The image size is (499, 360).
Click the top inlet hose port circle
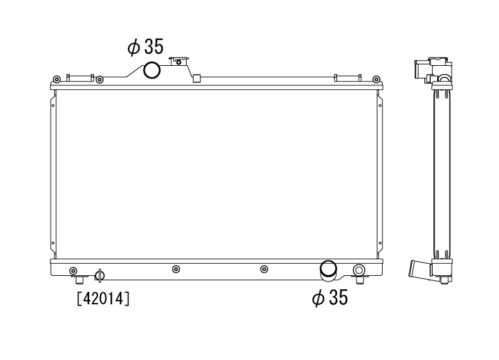coord(152,70)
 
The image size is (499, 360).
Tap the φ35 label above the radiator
coord(145,46)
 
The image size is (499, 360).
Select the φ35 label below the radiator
coord(330,297)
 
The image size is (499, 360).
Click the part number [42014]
coord(104,299)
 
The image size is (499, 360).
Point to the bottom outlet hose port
coord(328,271)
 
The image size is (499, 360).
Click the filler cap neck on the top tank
coord(179,61)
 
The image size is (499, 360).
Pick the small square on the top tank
coord(197,78)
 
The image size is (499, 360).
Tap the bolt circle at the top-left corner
coord(56,79)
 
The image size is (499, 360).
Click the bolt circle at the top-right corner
coord(376,79)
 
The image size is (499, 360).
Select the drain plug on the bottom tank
coord(99,275)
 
